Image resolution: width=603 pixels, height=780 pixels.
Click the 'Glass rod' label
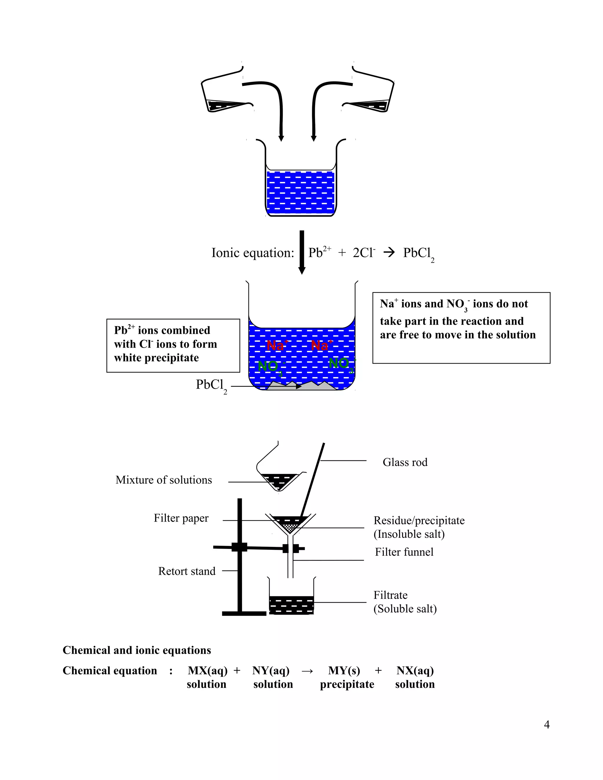405,462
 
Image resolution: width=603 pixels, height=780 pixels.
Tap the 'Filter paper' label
181,518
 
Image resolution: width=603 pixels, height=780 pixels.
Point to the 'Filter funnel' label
404,552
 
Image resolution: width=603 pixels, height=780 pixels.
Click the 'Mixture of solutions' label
164,480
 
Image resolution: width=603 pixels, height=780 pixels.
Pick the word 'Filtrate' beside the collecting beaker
390,595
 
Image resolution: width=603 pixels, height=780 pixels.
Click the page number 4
546,725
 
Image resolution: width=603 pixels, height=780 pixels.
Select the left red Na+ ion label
277,346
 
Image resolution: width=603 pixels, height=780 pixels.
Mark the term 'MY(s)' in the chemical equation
344,670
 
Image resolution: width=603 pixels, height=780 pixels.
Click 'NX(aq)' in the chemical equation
415,670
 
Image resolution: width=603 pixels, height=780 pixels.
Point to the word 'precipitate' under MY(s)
347,684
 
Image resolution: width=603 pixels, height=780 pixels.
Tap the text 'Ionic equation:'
253,253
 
